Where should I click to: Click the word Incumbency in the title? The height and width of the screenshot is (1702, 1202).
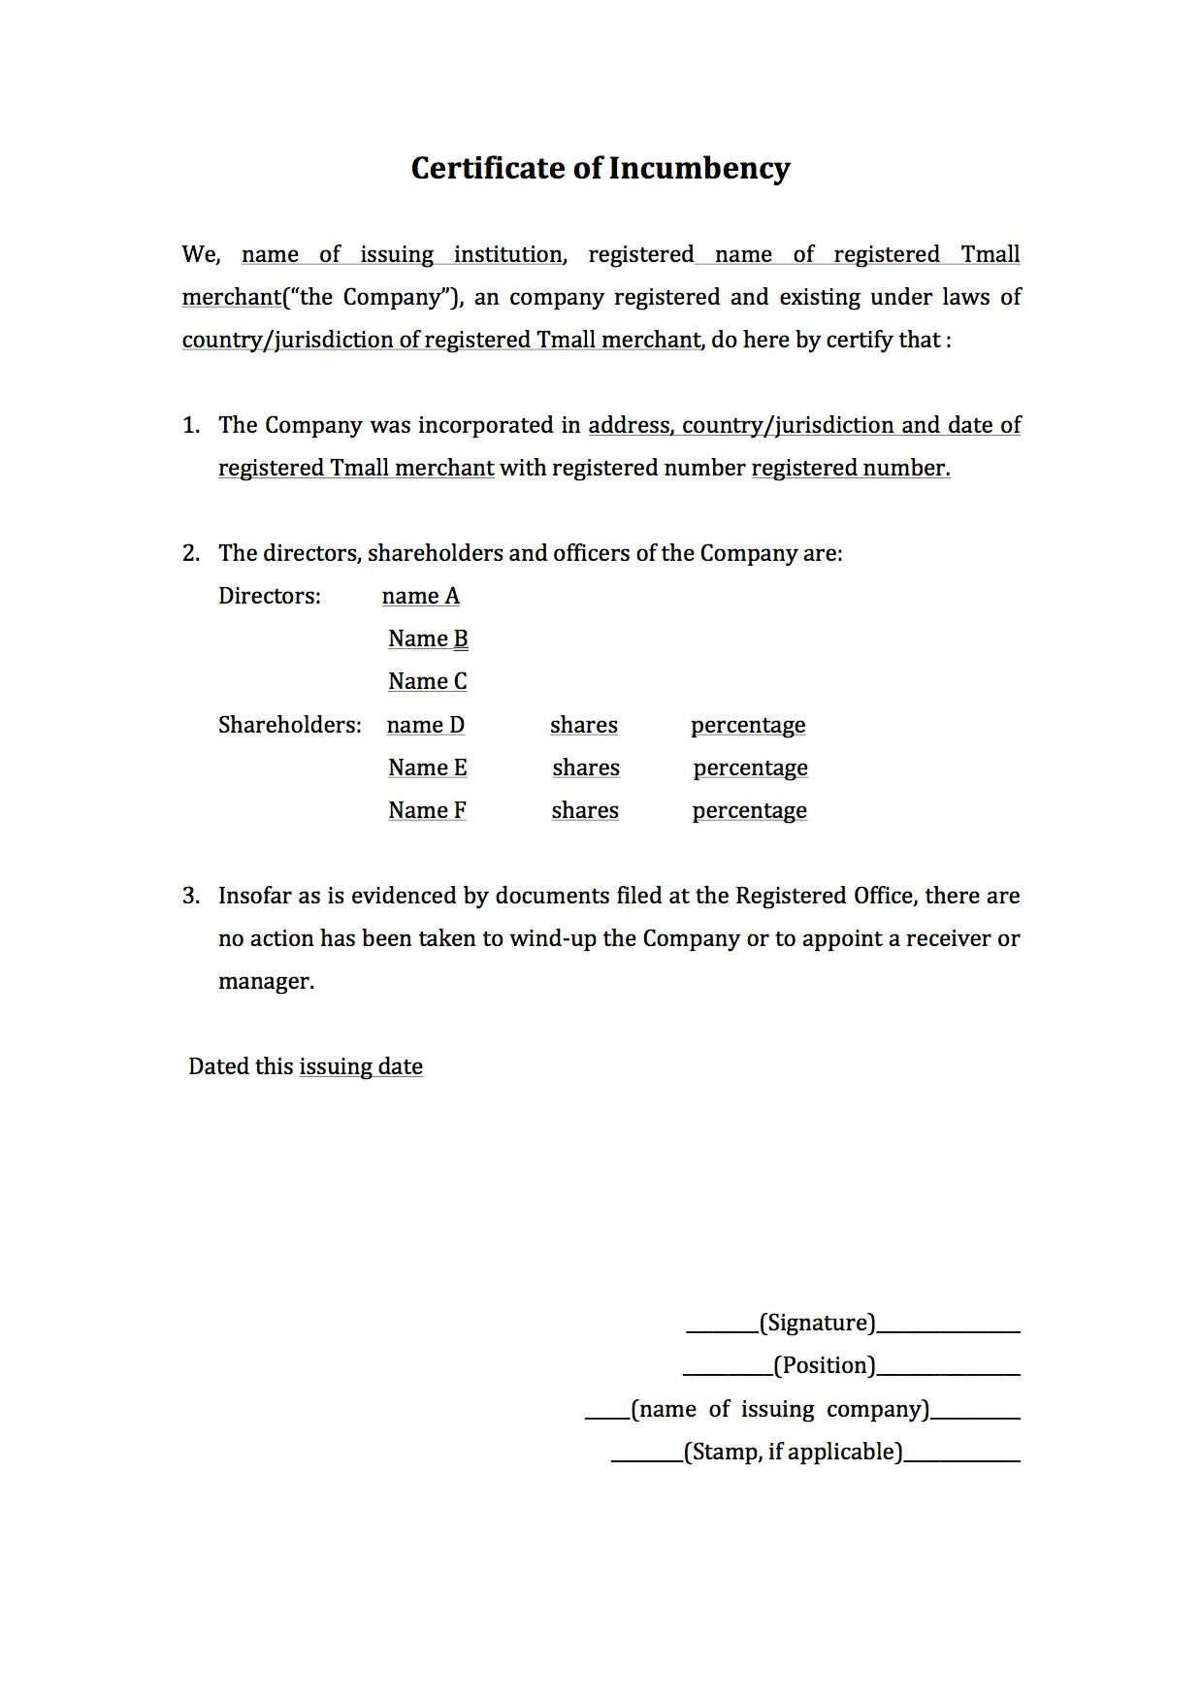698,168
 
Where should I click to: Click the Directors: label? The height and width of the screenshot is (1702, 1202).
269,596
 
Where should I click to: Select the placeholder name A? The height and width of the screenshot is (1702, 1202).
420,596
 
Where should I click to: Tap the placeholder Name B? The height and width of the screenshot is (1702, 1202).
428,638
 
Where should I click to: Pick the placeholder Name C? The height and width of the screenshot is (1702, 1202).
427,681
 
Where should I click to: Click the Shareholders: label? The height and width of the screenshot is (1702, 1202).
289,725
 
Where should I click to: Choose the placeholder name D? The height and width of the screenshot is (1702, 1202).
425,725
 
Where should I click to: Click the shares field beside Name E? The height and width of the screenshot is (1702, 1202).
586,768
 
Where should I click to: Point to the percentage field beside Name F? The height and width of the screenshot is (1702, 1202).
749,810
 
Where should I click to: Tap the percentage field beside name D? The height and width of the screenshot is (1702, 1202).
748,725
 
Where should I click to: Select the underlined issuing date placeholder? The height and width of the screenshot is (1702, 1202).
361,1066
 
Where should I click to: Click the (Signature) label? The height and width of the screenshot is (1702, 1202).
817,1323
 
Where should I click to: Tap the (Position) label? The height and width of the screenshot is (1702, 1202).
824,1365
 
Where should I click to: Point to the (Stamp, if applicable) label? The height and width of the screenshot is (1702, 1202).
793,1452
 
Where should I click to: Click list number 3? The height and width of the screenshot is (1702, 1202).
190,896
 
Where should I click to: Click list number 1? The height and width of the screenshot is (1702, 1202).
190,425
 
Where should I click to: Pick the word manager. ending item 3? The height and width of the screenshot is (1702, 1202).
266,981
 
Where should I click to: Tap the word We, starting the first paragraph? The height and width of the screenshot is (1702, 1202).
201,254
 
